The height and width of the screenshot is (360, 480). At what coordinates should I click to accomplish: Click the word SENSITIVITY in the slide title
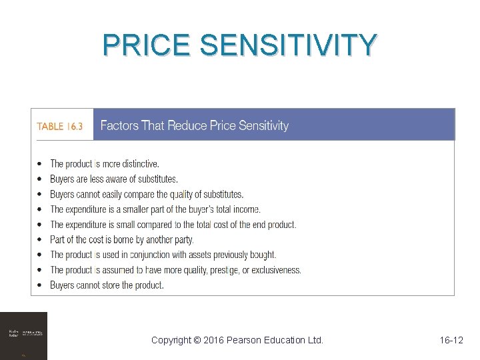[289, 45]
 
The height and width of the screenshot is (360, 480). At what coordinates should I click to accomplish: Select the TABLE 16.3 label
[60, 126]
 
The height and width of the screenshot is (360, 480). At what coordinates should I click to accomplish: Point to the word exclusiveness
[275, 270]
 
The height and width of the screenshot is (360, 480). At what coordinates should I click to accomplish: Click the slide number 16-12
[451, 340]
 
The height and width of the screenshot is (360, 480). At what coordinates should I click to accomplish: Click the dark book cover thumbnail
[23, 335]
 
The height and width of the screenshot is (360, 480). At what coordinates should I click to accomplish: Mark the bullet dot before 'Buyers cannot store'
[41, 285]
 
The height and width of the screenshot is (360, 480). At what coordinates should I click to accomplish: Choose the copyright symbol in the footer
[196, 340]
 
